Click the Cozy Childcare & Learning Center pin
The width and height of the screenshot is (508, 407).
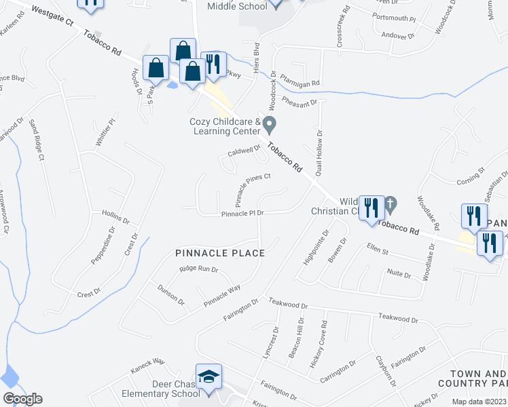pos(270,125)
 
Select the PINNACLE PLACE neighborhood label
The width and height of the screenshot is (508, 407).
pos(219,253)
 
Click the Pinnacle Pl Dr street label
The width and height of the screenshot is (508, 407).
pos(242,213)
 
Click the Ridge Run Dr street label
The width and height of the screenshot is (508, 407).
pos(198,269)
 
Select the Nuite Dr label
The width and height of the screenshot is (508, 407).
pos(399,274)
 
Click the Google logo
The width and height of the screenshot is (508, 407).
pos(22,399)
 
